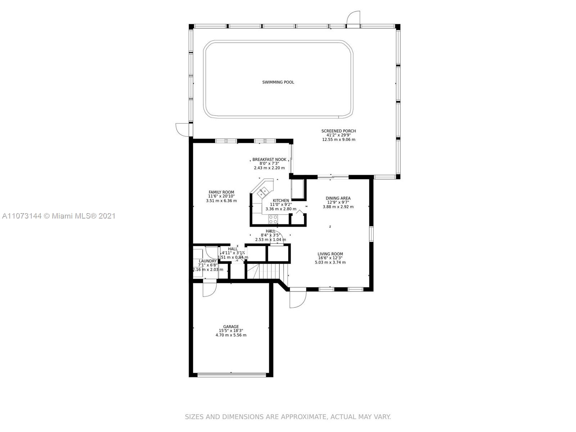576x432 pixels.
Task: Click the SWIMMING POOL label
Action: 278,82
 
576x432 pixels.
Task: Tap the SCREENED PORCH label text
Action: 338,131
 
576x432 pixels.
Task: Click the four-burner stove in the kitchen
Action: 273,219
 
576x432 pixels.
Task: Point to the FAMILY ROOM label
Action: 221,192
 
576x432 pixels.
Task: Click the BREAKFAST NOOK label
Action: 269,159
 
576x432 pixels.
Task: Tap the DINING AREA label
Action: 338,198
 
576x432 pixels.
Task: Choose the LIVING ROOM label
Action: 330,254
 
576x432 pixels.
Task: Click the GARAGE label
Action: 231,327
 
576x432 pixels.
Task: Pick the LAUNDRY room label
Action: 208,261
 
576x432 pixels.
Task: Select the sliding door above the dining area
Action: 333,177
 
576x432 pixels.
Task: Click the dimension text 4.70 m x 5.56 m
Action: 231,335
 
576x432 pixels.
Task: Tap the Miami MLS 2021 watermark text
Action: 59,216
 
